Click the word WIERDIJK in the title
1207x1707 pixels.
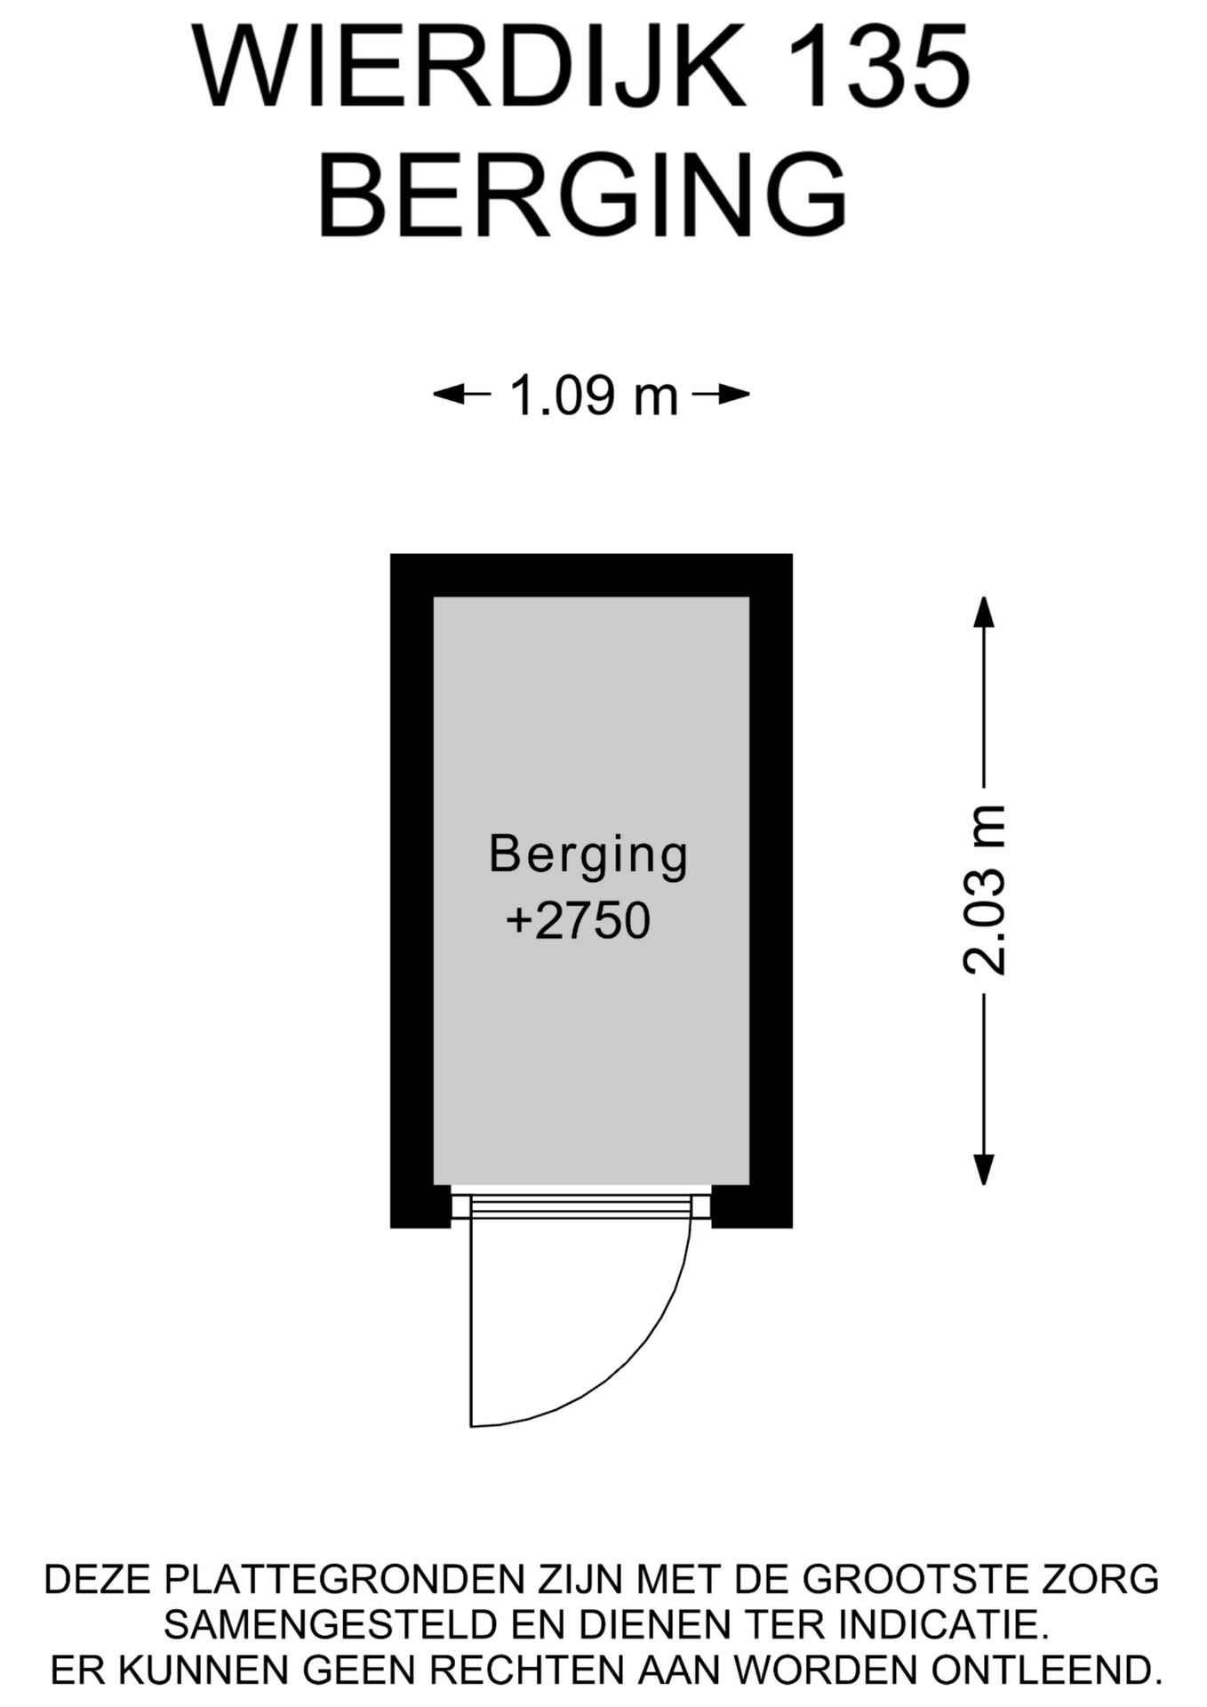469,68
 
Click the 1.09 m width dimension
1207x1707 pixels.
592,395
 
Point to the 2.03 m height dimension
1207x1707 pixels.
984,890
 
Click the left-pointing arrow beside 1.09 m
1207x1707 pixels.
462,394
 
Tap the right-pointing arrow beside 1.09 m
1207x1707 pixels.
721,394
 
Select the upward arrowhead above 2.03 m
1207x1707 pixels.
983,612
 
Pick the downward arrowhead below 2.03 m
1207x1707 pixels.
983,1169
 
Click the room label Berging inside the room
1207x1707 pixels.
588,854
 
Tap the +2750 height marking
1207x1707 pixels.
578,920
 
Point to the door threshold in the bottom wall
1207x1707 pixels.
581,1206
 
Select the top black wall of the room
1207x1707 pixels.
591,575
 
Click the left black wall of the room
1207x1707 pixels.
412,890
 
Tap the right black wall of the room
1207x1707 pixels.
771,890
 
